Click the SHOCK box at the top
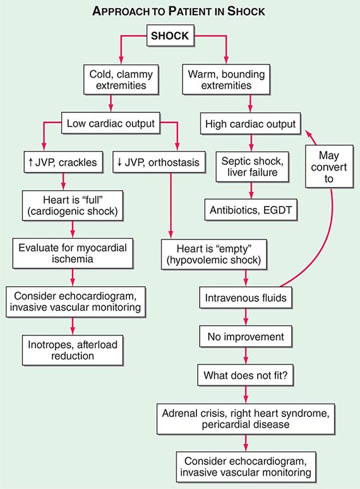(170, 36)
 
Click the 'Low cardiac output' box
(111, 123)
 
